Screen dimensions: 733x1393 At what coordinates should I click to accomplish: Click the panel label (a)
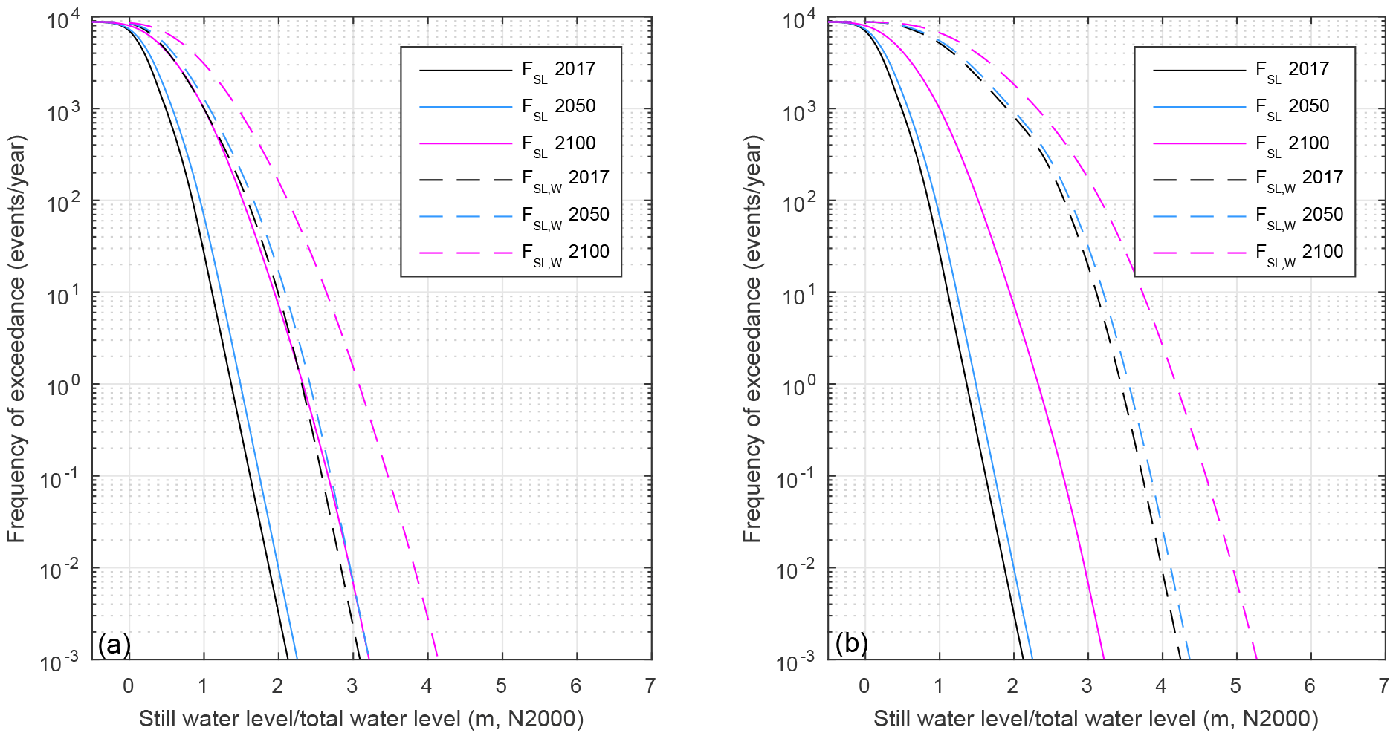point(114,644)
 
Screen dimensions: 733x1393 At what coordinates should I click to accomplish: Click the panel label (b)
point(851,643)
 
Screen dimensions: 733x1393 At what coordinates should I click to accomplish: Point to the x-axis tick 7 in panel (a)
point(650,685)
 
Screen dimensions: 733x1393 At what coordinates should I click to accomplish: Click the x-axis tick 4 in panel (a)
point(427,685)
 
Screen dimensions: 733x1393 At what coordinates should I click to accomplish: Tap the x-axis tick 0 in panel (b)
point(864,685)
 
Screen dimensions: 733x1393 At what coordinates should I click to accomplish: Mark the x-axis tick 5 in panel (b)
point(1235,685)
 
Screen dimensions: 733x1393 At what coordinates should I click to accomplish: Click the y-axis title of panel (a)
point(16,339)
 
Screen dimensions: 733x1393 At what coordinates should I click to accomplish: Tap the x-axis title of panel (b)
point(1096,719)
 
